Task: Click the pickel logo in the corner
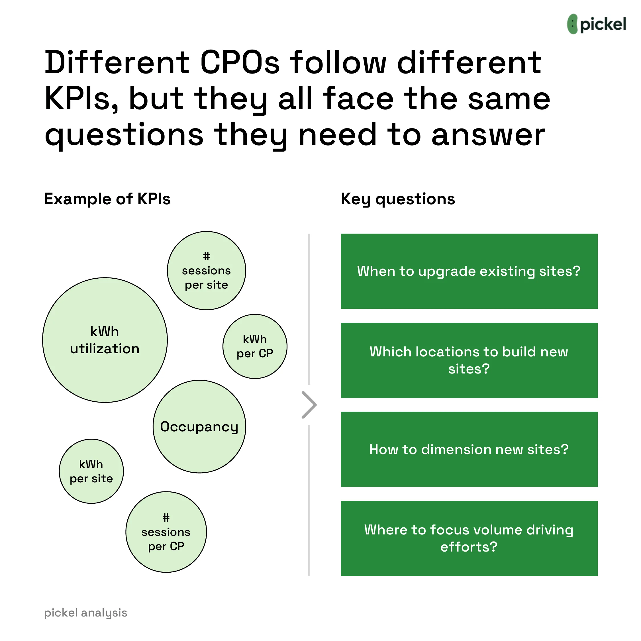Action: pyautogui.click(x=596, y=24)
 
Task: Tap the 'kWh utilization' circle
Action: pyautogui.click(x=105, y=340)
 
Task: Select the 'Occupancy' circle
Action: pyautogui.click(x=199, y=427)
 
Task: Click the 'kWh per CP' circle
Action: pyautogui.click(x=255, y=346)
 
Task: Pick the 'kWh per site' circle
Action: pyautogui.click(x=91, y=471)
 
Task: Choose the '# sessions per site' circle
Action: pyautogui.click(x=206, y=271)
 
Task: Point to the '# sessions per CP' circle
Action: pyautogui.click(x=166, y=532)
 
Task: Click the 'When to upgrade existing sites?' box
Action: pyautogui.click(x=469, y=271)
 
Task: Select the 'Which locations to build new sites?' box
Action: pyautogui.click(x=469, y=360)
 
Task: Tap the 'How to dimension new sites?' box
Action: pyautogui.click(x=469, y=449)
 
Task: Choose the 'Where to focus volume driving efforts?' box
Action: pyautogui.click(x=469, y=538)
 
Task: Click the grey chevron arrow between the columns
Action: pyautogui.click(x=309, y=405)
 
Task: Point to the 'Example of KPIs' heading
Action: pyautogui.click(x=107, y=199)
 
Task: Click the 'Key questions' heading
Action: pyautogui.click(x=398, y=199)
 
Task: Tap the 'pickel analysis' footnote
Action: pyautogui.click(x=85, y=613)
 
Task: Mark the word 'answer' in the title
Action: pyautogui.click(x=488, y=135)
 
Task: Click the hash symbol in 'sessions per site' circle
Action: pyautogui.click(x=206, y=256)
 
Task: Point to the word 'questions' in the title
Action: pyautogui.click(x=124, y=135)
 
